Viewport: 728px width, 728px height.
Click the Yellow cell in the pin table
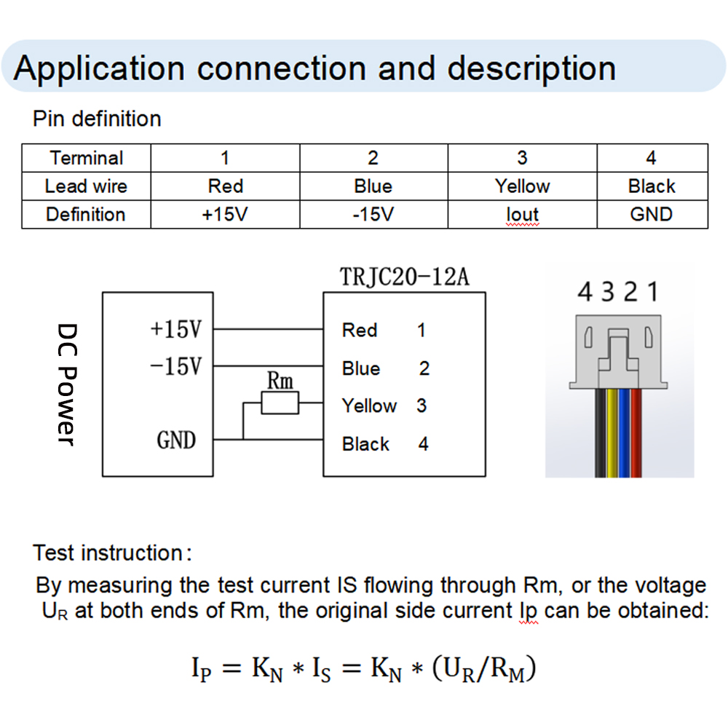click(522, 186)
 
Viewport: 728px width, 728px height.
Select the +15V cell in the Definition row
click(225, 215)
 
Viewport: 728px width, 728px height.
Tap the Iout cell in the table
click(522, 215)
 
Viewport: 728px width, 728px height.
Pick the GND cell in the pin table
click(652, 215)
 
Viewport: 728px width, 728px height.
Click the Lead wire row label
click(86, 186)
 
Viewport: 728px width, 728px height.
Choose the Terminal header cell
click(86, 158)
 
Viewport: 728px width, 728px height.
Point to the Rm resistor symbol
click(280, 403)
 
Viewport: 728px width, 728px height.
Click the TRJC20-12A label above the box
click(404, 277)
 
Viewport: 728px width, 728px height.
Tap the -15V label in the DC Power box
click(175, 366)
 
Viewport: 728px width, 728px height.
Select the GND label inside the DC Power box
click(176, 440)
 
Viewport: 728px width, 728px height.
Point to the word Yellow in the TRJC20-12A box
click(369, 405)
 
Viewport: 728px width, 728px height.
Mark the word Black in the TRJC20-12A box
click(365, 443)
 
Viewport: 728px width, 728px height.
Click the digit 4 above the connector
click(585, 293)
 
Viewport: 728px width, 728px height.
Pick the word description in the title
click(531, 68)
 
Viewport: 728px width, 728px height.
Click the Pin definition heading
click(97, 119)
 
